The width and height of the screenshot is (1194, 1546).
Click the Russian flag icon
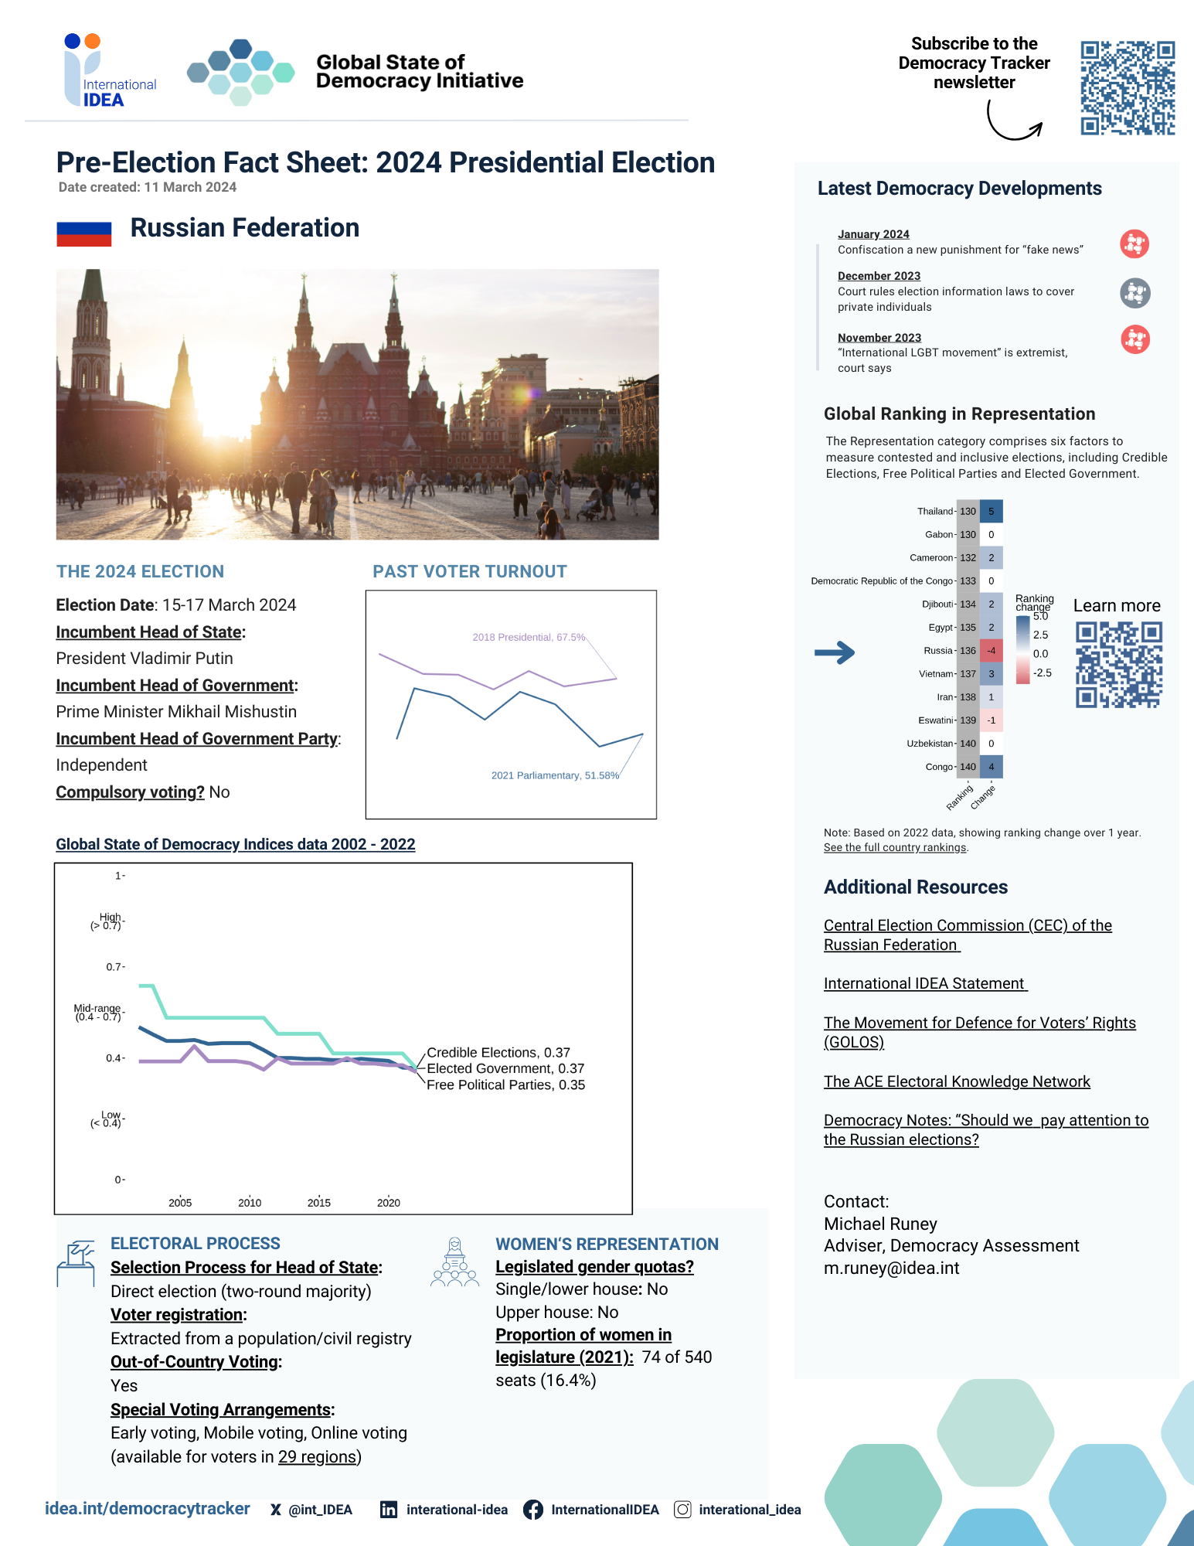pyautogui.click(x=83, y=233)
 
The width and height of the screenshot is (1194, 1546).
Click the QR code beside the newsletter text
pyautogui.click(x=1127, y=88)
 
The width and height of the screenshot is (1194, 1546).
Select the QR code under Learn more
pyautogui.click(x=1118, y=666)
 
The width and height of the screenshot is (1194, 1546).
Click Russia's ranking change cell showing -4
pyautogui.click(x=991, y=651)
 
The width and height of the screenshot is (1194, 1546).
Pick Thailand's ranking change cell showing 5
pyautogui.click(x=991, y=512)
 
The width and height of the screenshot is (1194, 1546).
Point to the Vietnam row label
pyautogui.click(x=935, y=674)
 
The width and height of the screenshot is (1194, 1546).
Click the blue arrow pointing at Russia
pyautogui.click(x=835, y=652)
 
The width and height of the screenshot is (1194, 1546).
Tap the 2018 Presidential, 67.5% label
pyautogui.click(x=529, y=638)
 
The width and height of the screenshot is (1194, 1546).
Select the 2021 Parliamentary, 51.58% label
pyautogui.click(x=555, y=775)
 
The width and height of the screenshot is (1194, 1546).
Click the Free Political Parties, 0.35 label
pyautogui.click(x=505, y=1085)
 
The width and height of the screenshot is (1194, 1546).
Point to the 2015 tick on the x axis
pyautogui.click(x=319, y=1203)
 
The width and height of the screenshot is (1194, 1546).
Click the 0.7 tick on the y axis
pyautogui.click(x=114, y=967)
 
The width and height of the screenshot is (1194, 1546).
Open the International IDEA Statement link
pyautogui.click(x=924, y=984)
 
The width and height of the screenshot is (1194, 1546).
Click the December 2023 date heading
pyautogui.click(x=879, y=276)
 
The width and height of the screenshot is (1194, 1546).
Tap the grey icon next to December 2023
pyautogui.click(x=1134, y=293)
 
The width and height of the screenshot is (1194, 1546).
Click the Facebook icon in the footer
pyautogui.click(x=532, y=1510)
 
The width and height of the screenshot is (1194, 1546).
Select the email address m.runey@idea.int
pyautogui.click(x=891, y=1268)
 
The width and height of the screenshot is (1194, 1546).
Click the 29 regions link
pyautogui.click(x=318, y=1457)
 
